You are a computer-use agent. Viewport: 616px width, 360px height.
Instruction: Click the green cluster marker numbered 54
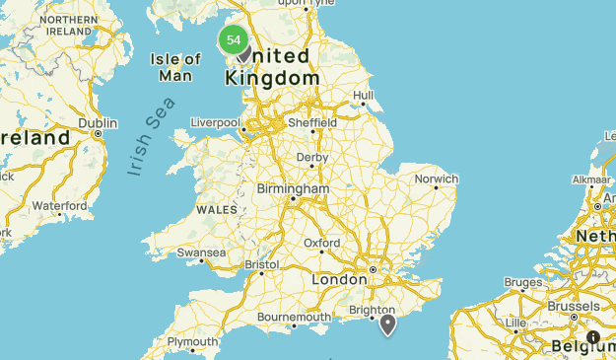click(234, 40)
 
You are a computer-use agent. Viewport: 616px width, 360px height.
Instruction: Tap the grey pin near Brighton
click(388, 323)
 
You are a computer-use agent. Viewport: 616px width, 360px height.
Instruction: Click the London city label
click(339, 280)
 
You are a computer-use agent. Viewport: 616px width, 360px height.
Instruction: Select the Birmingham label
click(293, 188)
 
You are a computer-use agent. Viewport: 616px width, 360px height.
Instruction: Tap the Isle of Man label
click(176, 67)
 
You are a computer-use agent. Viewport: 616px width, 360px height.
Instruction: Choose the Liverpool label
click(215, 123)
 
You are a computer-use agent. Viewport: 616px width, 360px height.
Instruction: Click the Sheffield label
click(311, 123)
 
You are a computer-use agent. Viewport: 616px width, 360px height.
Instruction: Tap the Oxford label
click(322, 243)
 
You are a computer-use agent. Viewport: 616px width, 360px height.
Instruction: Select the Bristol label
click(262, 264)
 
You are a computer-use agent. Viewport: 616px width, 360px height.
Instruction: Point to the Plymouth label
click(192, 342)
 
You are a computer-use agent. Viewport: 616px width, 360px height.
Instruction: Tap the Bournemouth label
click(294, 317)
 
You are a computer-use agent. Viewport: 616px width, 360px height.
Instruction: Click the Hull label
click(364, 96)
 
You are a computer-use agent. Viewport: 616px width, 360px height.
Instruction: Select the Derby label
click(312, 157)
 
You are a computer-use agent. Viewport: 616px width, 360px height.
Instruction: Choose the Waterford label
click(59, 205)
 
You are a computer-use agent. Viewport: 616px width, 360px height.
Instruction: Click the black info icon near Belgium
click(593, 337)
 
